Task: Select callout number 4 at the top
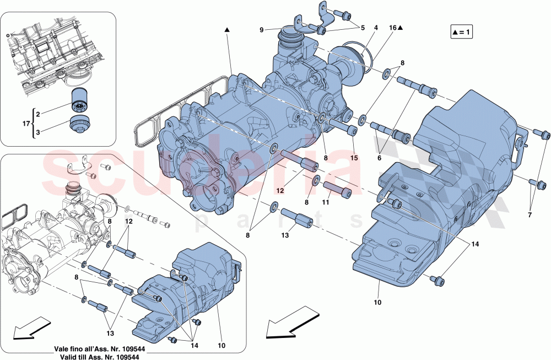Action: [376, 28]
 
